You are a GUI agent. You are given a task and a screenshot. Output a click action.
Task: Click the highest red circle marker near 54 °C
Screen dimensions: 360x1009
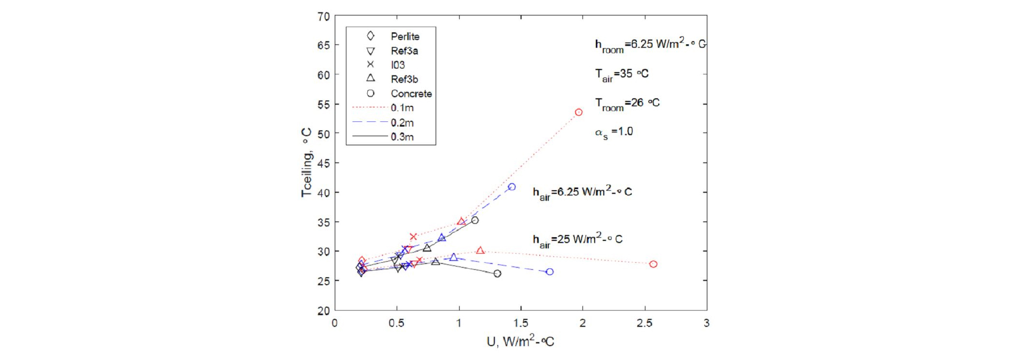tap(579, 112)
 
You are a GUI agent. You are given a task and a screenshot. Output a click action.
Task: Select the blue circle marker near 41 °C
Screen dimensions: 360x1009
tap(512, 187)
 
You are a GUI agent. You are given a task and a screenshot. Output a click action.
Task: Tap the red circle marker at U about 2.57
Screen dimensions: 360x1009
tap(653, 264)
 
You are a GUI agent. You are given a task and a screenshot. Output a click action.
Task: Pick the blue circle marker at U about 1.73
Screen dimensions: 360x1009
tap(550, 272)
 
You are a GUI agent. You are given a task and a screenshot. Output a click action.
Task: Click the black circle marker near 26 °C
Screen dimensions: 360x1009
tap(498, 273)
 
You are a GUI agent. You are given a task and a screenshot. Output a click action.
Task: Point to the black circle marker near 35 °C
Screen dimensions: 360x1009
tap(475, 220)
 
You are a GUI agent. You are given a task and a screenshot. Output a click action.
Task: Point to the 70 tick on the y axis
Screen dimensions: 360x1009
tap(324, 17)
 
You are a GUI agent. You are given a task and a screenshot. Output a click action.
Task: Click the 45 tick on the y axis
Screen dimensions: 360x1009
tap(324, 163)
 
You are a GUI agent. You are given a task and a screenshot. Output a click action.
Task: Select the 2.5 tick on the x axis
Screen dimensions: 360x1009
tap(644, 323)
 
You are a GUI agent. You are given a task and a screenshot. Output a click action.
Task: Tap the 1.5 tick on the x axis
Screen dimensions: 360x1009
tap(521, 323)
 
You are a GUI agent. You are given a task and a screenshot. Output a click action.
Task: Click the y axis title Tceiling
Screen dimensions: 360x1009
tap(306, 163)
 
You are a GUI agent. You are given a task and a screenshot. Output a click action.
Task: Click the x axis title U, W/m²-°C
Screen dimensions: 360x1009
tap(520, 341)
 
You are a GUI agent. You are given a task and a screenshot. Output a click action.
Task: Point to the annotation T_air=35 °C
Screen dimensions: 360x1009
tap(621, 74)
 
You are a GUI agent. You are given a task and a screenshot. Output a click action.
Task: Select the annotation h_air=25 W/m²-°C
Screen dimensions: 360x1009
tap(577, 240)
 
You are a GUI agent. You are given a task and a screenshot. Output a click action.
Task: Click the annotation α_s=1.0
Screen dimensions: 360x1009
tap(614, 132)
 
